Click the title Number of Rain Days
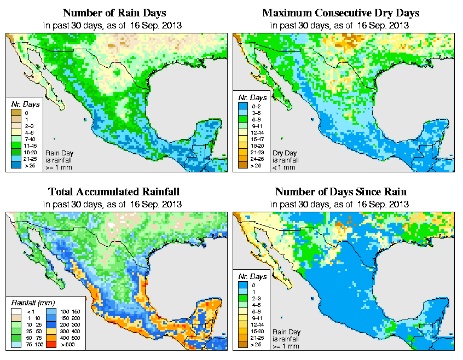pyautogui.click(x=113, y=13)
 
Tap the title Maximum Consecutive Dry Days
pyautogui.click(x=340, y=13)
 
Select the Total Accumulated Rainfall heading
pyautogui.click(x=113, y=192)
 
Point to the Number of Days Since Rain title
pyautogui.click(x=340, y=192)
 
